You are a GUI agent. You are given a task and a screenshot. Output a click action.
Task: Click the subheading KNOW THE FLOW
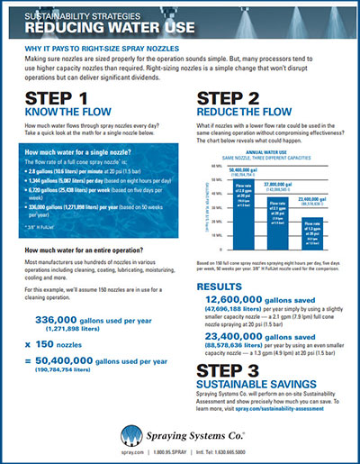63,115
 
